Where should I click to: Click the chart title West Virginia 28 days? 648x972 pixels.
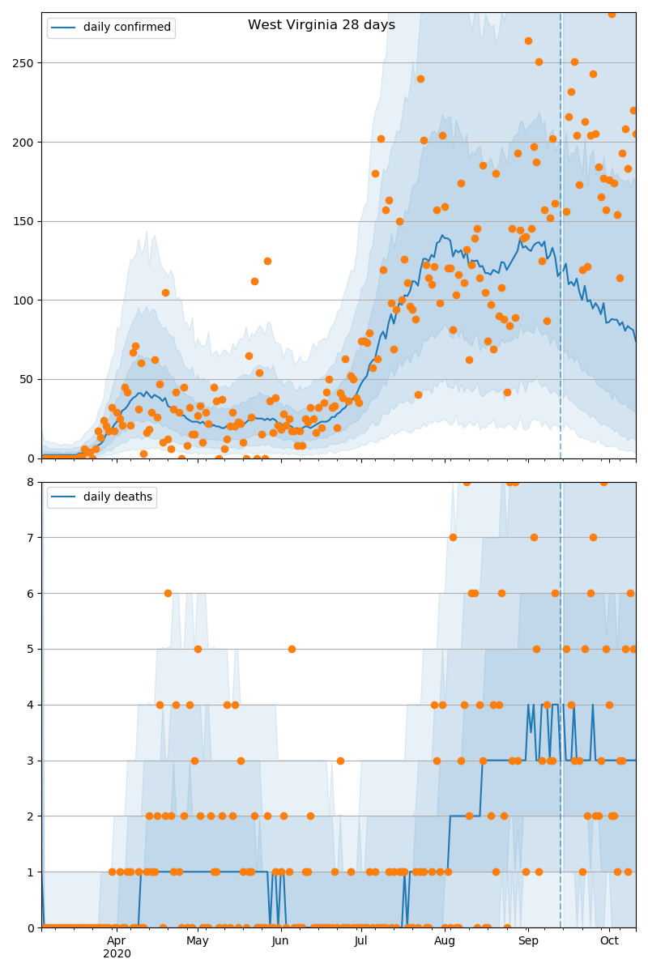point(322,25)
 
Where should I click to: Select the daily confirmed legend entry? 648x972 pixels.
point(126,28)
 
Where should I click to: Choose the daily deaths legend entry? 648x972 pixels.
point(117,497)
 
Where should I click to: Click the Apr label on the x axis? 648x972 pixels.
point(117,940)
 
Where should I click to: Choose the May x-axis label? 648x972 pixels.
point(198,940)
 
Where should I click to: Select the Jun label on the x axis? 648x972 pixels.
point(280,940)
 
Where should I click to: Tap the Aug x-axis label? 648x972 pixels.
point(445,940)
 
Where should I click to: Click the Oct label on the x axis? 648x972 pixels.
point(609,940)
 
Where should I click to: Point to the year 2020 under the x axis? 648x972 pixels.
point(117,953)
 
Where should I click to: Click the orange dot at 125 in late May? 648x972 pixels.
point(267,261)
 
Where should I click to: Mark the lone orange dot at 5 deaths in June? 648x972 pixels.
point(292,649)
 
